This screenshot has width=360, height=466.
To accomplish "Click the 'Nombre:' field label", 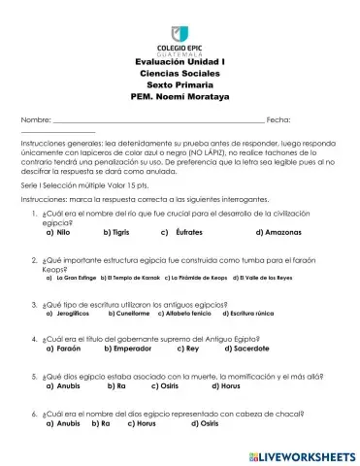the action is tap(34, 118).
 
